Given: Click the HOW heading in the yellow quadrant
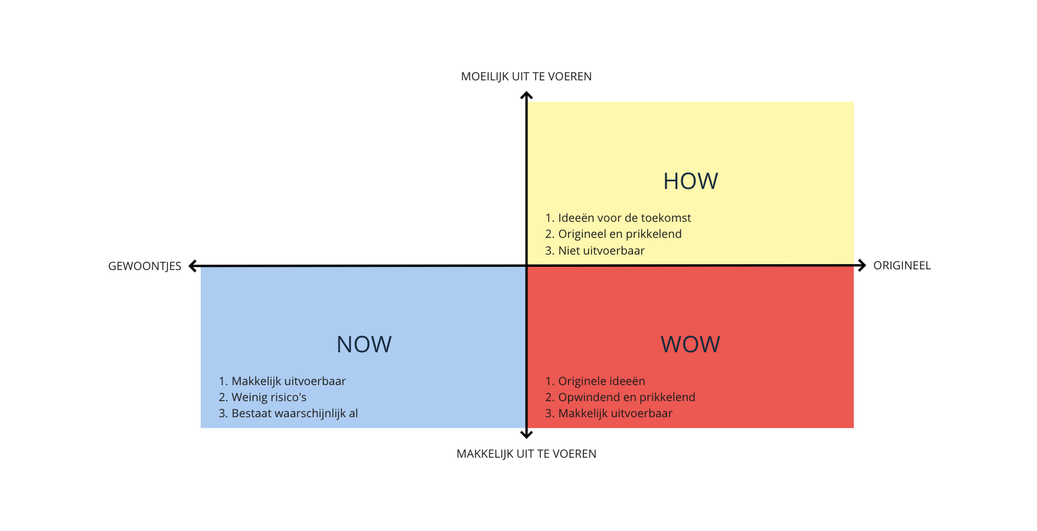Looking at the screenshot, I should (x=690, y=181).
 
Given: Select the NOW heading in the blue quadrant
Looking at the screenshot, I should (x=363, y=345).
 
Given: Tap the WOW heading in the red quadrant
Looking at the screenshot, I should (x=690, y=345).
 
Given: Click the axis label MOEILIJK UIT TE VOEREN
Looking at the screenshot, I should (x=526, y=76).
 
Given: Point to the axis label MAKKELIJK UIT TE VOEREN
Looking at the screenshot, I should (x=526, y=454).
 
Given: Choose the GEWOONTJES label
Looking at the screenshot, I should (x=145, y=266).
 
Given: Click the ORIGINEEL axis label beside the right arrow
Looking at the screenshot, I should (x=902, y=265).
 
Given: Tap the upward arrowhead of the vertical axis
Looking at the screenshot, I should (x=526, y=96).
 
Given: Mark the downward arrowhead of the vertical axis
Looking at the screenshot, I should (x=526, y=435).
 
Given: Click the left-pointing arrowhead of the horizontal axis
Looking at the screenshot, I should (x=192, y=266).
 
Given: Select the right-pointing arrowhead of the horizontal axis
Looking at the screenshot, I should (x=862, y=265).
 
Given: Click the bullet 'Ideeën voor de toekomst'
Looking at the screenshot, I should (x=624, y=218).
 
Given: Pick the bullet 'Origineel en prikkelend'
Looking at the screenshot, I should (x=619, y=234).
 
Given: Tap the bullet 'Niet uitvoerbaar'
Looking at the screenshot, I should (x=601, y=251).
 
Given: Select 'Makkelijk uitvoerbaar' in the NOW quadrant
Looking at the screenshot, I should (x=288, y=381).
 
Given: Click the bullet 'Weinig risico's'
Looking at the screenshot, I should (x=269, y=397).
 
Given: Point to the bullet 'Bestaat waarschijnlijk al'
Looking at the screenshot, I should (x=295, y=413).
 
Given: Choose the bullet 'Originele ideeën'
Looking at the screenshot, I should (x=601, y=381).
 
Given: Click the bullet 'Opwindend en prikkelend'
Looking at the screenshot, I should (x=627, y=397).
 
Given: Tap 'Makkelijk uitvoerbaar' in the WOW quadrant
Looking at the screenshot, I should (x=615, y=413).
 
